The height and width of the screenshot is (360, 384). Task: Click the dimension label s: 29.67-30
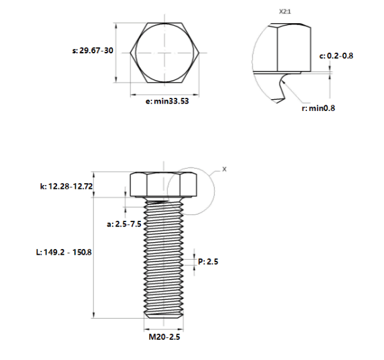pos(93,51)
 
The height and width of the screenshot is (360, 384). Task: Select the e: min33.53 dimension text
pos(167,101)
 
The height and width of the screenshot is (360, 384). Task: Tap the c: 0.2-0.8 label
pos(336,56)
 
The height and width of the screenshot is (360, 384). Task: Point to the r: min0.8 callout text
pos(318,108)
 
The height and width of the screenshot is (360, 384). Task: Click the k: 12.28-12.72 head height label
pos(66,186)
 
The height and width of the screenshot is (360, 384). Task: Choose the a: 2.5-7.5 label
pos(124,224)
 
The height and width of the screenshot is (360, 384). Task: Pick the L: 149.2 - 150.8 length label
pos(64,252)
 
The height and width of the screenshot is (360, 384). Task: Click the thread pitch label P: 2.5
pos(208,262)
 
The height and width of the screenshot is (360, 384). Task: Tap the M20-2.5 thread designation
pos(164,337)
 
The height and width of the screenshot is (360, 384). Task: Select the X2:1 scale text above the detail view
pos(285,11)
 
